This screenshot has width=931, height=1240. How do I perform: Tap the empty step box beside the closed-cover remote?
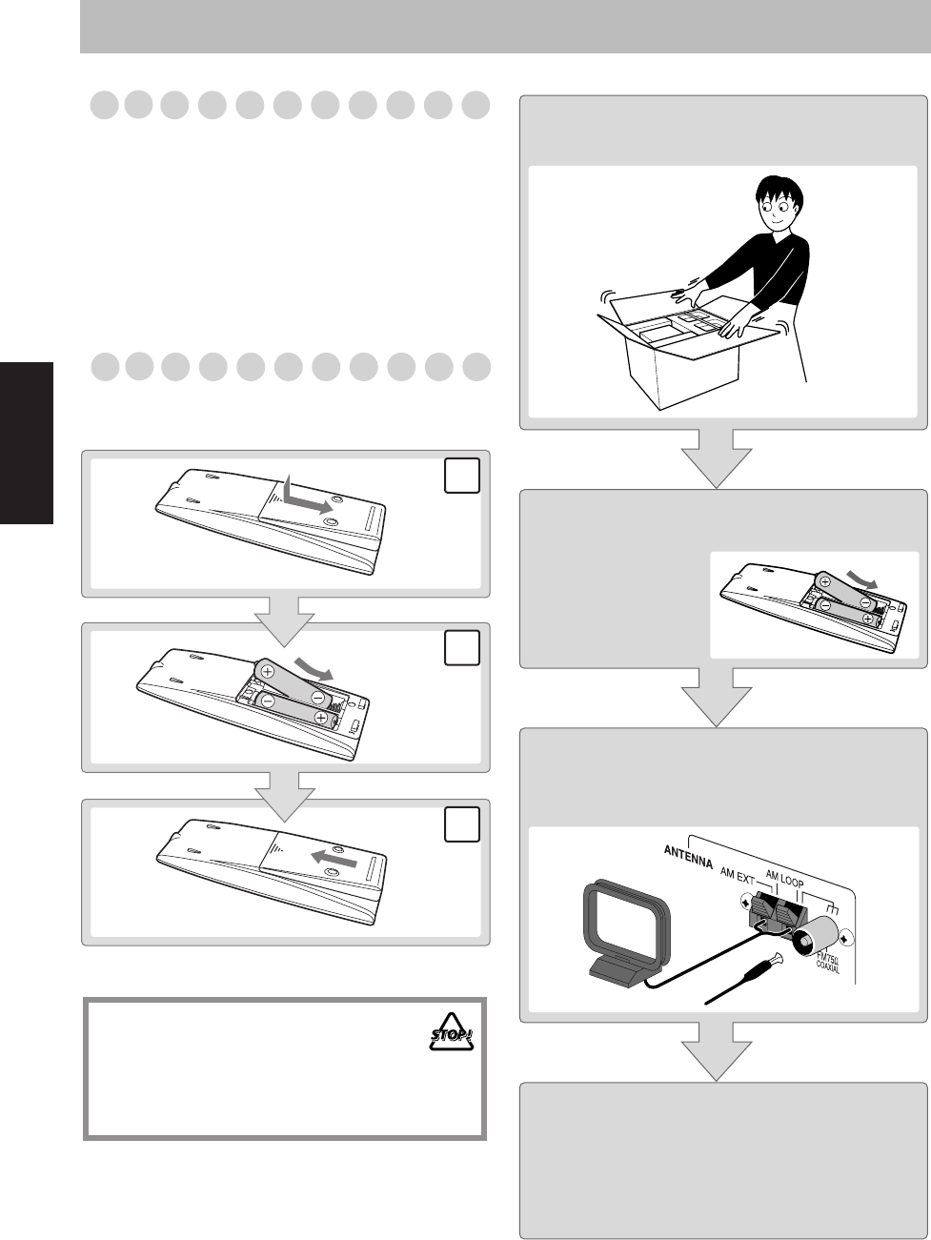(461, 824)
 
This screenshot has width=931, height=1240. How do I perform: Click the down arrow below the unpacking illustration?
(716, 457)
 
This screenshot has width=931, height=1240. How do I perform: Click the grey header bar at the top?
(505, 27)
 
